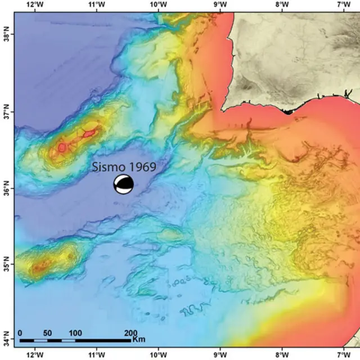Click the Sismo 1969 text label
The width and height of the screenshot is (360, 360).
tap(124, 166)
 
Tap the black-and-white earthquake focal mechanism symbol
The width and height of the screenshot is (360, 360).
tap(124, 184)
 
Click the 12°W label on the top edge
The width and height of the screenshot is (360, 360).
tap(35, 4)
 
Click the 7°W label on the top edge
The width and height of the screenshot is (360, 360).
tap(343, 4)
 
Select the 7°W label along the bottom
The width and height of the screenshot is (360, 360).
tap(343, 355)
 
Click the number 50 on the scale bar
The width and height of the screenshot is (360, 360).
tap(47, 332)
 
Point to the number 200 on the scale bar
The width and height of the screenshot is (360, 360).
tap(130, 332)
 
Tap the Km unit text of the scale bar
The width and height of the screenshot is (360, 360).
tap(139, 340)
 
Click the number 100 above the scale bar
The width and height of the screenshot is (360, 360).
tap(75, 332)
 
